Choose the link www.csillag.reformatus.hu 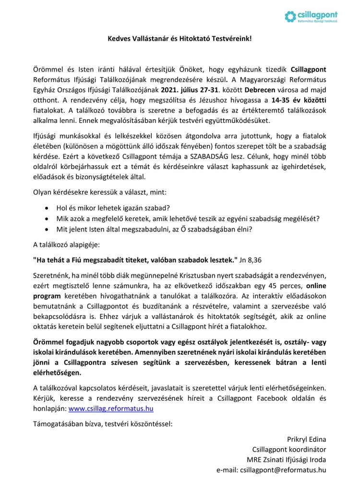coord(111,408)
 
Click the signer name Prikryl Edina coord(306,439)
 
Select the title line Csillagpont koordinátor coord(289,449)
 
